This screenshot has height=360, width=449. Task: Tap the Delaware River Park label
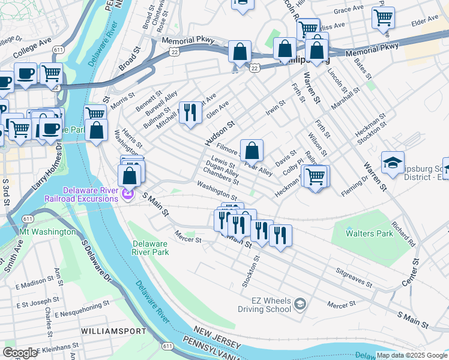click(151, 248)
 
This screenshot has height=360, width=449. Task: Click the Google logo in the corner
click(20, 353)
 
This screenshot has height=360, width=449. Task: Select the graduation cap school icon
click(393, 163)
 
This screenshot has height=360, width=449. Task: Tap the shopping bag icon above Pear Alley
click(252, 150)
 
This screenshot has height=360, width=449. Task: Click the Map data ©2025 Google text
click(411, 355)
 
